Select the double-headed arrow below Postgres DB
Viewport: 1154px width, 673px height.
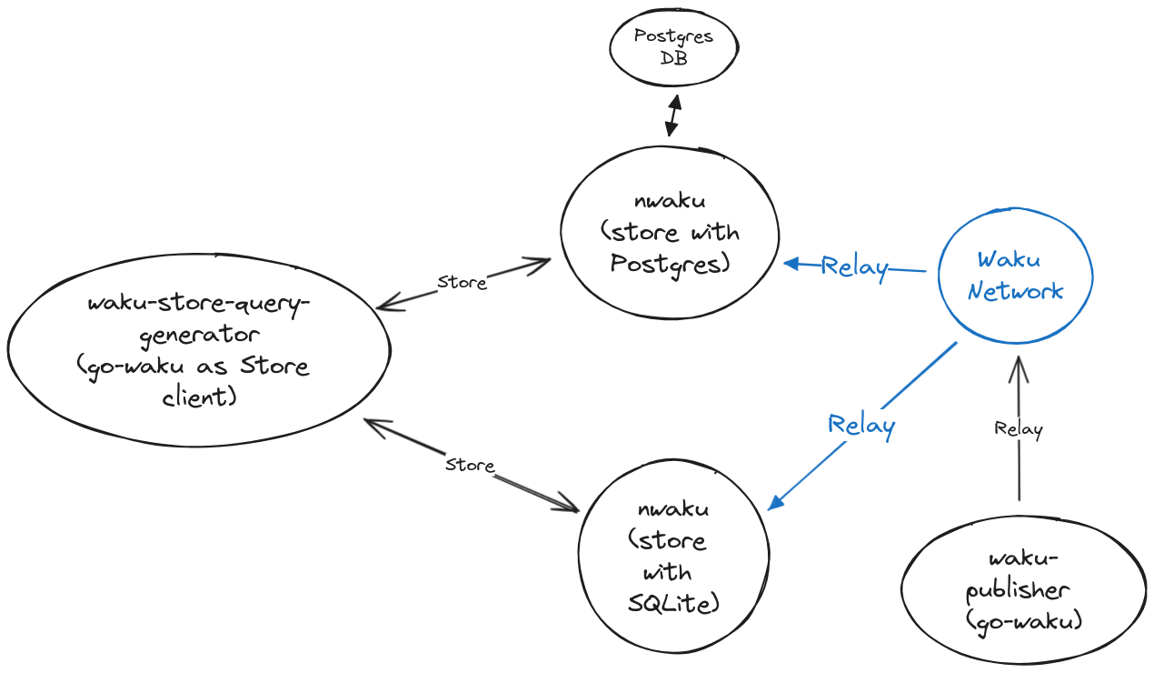tap(672, 114)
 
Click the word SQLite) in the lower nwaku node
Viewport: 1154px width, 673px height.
tap(673, 602)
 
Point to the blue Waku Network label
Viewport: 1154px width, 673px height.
tap(1015, 276)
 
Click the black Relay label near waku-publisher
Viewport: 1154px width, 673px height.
tap(1019, 428)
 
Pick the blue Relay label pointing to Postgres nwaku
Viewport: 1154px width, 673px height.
tap(853, 266)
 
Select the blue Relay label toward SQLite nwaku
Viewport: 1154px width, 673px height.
tap(861, 425)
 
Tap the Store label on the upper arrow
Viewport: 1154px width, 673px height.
tap(462, 282)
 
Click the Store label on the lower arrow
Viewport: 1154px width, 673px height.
tap(470, 465)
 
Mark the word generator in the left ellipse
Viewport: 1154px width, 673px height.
tap(199, 335)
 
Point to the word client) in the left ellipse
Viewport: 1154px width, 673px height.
tap(200, 397)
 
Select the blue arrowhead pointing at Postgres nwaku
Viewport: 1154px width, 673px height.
tap(791, 264)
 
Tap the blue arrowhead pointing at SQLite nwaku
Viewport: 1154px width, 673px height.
tap(776, 503)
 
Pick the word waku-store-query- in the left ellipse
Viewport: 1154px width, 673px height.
tap(199, 304)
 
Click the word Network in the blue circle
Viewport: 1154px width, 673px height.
tap(1015, 292)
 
